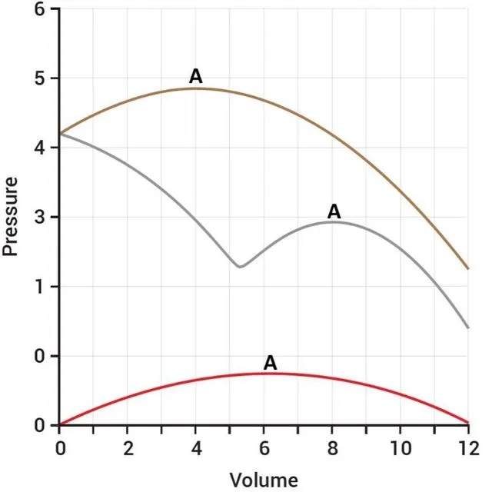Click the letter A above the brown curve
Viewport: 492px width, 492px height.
coord(196,76)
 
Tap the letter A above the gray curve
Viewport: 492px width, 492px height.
coord(334,211)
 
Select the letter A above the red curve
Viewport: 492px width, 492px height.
coord(270,363)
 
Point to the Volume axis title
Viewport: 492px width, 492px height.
coord(263,480)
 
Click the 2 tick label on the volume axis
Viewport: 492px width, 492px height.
coord(128,448)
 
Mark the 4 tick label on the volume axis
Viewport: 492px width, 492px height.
coord(195,448)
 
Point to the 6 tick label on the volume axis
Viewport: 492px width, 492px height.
coord(264,448)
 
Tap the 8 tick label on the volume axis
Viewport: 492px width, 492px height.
coord(332,448)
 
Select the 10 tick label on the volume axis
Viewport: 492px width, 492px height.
coord(400,448)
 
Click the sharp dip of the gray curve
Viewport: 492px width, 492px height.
coord(240,267)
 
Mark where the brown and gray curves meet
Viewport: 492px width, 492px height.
coord(60,134)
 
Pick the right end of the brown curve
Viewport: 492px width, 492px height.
coord(467,269)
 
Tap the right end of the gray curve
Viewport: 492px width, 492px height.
coord(467,327)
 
